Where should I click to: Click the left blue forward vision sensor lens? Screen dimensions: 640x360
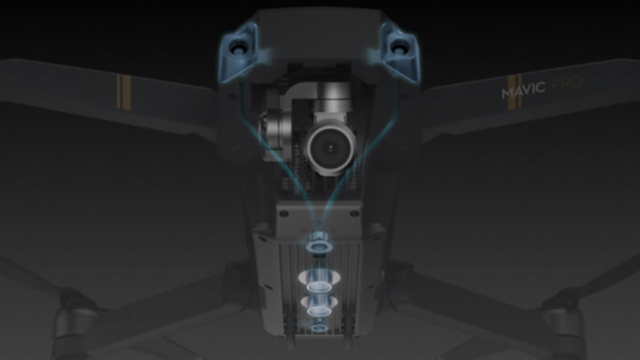[237, 48]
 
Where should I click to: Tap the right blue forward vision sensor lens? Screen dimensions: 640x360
[398, 48]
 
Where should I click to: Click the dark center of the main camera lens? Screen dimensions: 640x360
[330, 147]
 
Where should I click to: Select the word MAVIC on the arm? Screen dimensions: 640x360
[523, 89]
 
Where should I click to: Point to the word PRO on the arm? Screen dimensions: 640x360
[566, 83]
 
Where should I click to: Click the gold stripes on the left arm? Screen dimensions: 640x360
[124, 92]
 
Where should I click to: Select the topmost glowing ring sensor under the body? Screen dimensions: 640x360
[319, 247]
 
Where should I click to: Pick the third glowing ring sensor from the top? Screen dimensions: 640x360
[319, 306]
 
